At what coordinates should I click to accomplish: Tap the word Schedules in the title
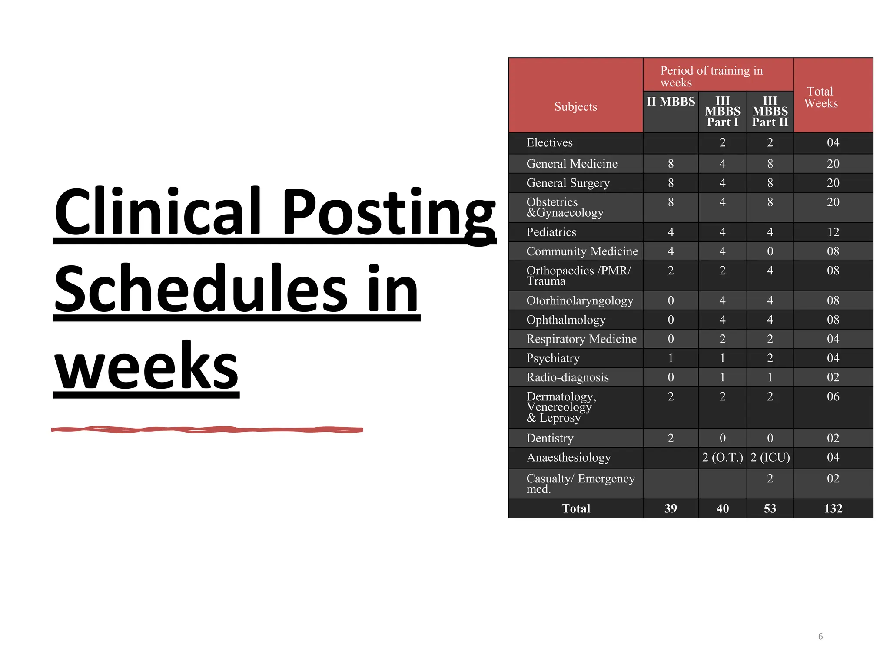point(200,289)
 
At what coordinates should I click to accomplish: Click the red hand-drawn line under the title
point(207,429)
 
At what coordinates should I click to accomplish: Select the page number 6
point(820,636)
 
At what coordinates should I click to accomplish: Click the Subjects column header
point(575,106)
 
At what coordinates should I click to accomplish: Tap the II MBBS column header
point(671,102)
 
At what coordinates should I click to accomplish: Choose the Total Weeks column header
point(820,97)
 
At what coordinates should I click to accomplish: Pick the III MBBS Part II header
point(770,111)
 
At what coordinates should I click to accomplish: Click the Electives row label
point(549,142)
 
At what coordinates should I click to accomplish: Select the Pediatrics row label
point(551,232)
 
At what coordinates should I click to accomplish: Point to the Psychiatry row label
point(553,358)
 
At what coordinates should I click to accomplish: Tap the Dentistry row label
point(550,438)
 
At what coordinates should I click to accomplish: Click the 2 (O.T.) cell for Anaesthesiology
point(722,457)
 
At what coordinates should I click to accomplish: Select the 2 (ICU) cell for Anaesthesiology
point(770,457)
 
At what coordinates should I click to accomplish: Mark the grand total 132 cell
point(833,508)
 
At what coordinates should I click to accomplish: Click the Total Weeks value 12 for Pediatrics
point(833,232)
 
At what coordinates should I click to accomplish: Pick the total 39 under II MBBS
point(671,508)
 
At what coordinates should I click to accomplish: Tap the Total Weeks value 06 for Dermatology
point(833,396)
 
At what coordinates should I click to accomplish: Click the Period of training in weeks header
point(711,76)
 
